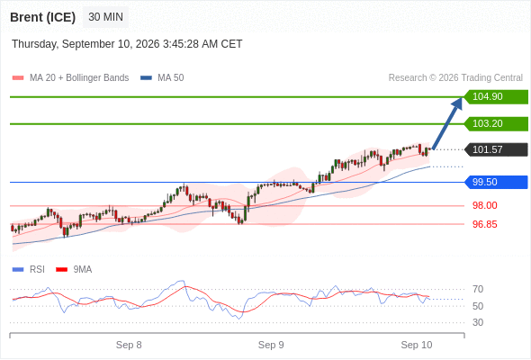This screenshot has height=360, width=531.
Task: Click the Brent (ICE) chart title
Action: (42, 17)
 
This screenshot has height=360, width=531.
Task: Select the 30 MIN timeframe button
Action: (105, 17)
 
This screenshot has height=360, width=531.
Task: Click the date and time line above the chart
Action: (127, 44)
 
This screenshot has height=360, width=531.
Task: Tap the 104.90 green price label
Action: (495, 97)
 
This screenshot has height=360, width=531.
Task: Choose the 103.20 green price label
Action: (495, 124)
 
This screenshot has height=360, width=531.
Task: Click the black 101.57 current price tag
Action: (495, 149)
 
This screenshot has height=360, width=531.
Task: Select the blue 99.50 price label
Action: (495, 182)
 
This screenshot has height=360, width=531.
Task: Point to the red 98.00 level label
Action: (484, 205)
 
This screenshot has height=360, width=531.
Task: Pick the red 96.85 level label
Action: (484, 224)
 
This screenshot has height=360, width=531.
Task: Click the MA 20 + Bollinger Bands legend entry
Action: (70, 78)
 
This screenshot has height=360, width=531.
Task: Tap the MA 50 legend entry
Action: (162, 78)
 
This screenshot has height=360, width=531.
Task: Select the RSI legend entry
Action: (29, 270)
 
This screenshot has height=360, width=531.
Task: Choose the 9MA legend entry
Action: (74, 270)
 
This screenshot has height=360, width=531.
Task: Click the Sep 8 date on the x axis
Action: (129, 345)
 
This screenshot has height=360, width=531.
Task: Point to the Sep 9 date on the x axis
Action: (271, 345)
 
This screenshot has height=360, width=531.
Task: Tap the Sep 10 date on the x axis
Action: (417, 345)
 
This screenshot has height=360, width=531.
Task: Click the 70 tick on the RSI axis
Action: (478, 289)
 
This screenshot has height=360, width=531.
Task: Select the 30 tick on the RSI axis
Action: (478, 322)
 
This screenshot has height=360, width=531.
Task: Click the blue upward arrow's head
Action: (458, 103)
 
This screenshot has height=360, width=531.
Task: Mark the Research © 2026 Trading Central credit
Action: (455, 78)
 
